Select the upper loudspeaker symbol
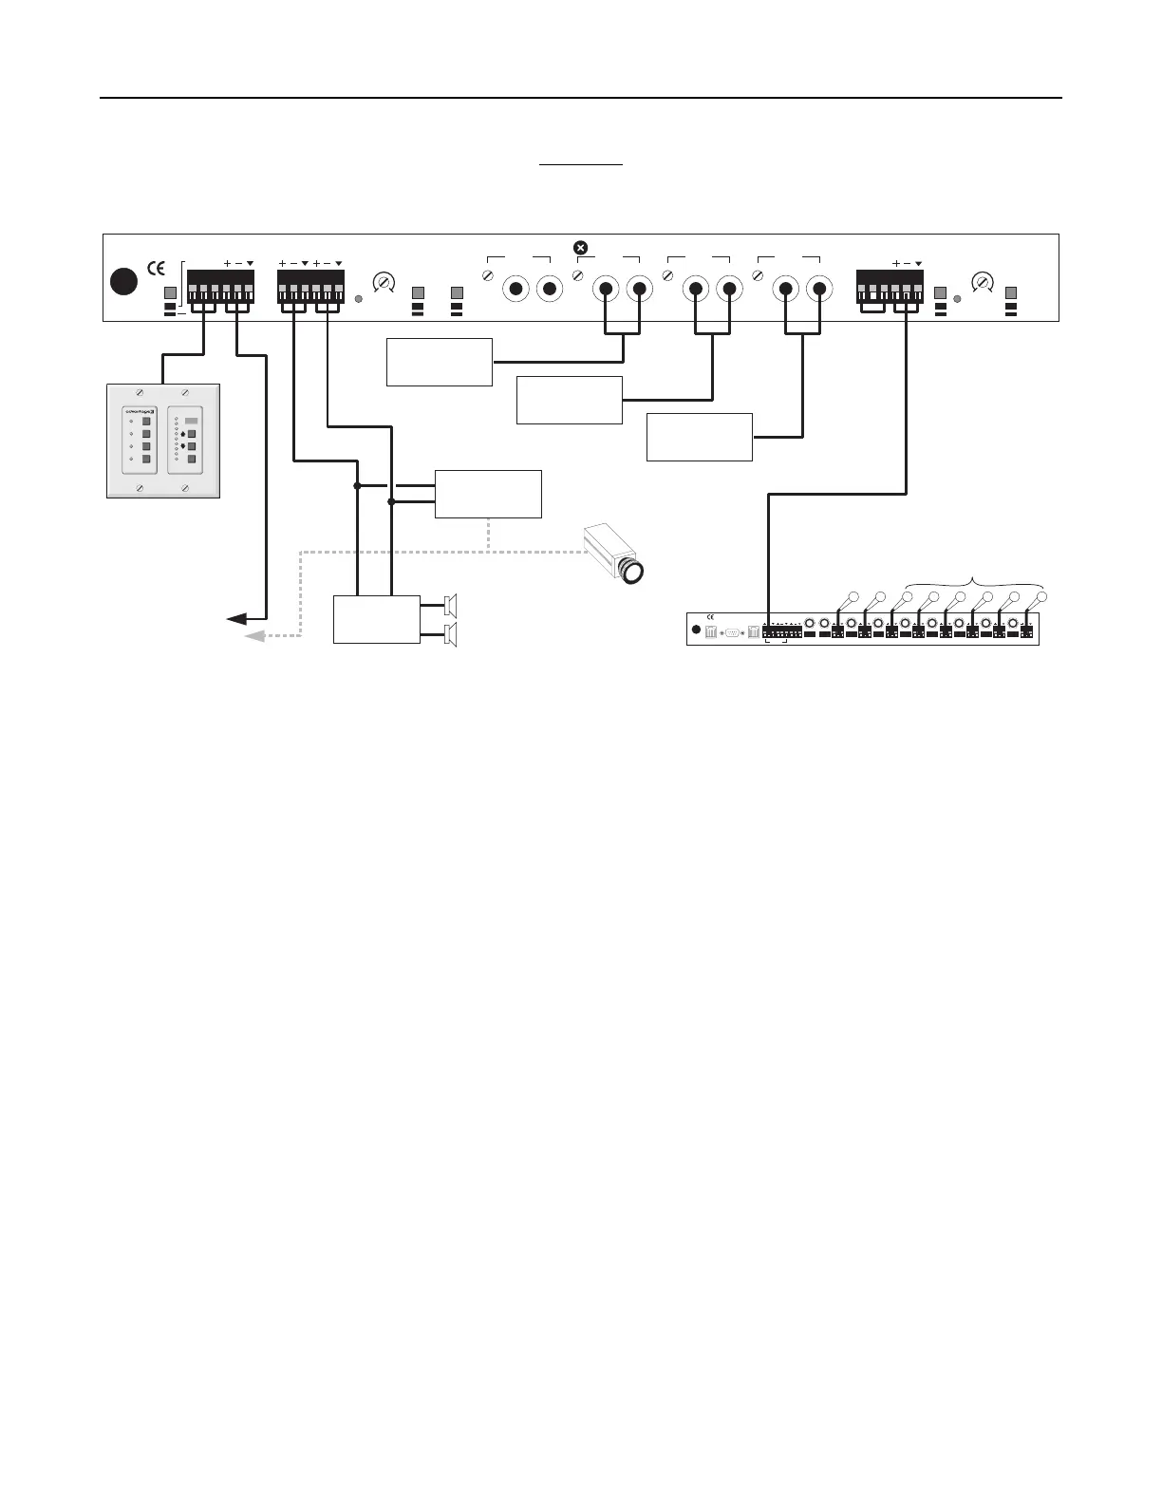451,605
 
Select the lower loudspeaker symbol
451,634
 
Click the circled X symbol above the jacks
581,248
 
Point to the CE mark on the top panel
157,265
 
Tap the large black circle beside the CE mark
123,281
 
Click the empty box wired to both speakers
377,619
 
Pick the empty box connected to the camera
488,494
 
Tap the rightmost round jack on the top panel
818,289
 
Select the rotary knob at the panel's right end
984,282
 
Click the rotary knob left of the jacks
384,282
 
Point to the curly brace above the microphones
975,581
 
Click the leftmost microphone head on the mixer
852,597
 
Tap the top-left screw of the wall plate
140,392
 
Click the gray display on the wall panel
192,420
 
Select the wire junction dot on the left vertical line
357,485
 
